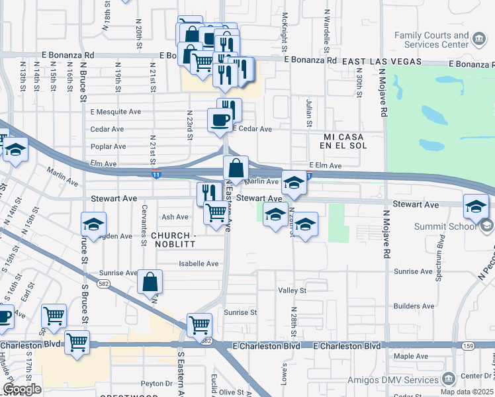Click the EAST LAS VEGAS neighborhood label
click(x=382, y=61)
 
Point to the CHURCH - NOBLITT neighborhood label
click(x=177, y=240)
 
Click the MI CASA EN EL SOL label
click(x=336, y=139)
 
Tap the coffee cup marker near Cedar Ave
click(x=220, y=121)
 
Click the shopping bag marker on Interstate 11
click(x=236, y=168)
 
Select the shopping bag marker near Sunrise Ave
click(x=150, y=283)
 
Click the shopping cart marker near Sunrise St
click(x=199, y=325)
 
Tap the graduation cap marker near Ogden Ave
click(x=93, y=224)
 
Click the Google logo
click(x=22, y=389)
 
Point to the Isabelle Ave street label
click(x=198, y=263)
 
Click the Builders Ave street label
click(x=414, y=306)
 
